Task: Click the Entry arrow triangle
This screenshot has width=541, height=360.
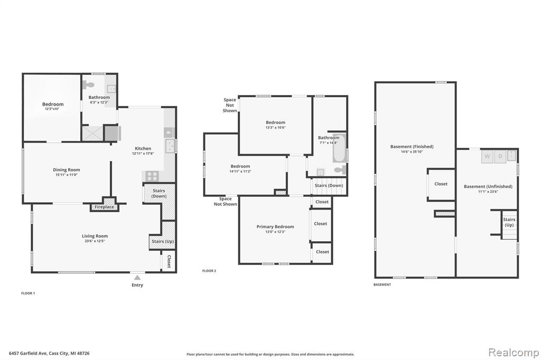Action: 137,277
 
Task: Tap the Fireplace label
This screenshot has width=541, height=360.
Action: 104,207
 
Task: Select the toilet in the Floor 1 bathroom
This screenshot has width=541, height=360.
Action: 89,84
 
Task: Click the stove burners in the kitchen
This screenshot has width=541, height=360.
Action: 152,176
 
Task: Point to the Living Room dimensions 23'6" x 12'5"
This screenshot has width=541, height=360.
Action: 95,241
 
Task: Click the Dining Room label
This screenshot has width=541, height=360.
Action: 66,169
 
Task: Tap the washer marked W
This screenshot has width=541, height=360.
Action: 487,156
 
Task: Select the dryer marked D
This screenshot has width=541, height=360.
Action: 500,156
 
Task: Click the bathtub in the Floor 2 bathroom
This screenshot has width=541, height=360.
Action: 339,148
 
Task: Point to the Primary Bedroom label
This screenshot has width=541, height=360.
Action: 275,226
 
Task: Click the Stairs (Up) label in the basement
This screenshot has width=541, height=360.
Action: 509,222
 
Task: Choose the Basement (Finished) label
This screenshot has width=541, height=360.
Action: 412,147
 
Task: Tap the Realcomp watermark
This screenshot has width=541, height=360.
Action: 514,353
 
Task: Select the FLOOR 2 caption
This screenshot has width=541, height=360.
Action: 209,271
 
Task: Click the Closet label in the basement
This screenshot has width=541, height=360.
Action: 441,184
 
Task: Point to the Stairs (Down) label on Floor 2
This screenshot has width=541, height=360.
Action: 329,185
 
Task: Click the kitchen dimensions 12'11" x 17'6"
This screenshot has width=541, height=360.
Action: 143,154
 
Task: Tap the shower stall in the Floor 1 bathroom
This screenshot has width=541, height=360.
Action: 92,134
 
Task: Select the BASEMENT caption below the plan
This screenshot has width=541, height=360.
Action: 383,285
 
